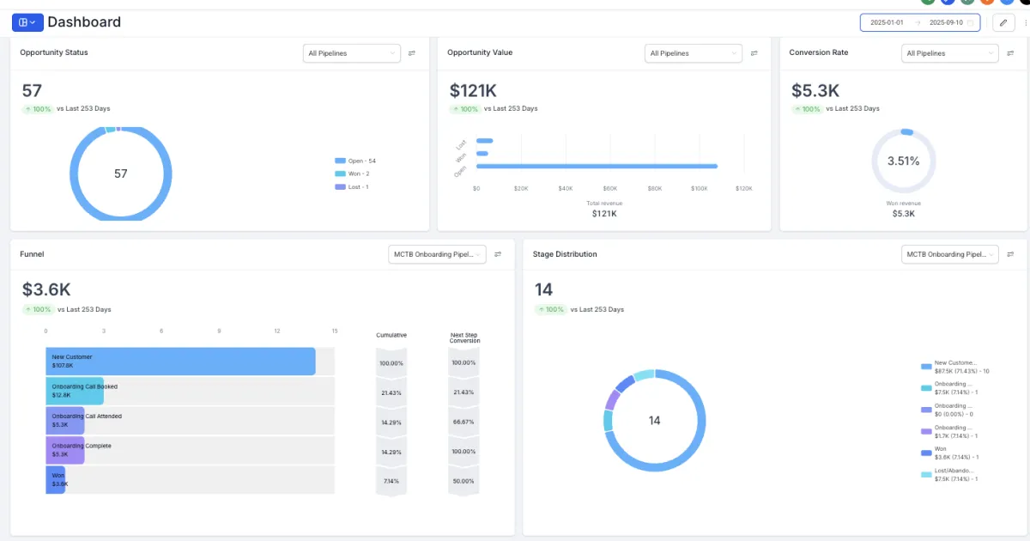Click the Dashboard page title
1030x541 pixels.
pos(84,22)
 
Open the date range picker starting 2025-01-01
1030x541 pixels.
pos(919,22)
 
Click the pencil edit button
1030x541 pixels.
pos(1003,22)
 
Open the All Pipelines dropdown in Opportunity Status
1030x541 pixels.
pos(352,53)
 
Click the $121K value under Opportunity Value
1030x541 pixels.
pos(473,90)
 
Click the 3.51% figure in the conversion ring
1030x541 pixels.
pos(903,161)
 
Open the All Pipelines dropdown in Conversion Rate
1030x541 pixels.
pos(951,53)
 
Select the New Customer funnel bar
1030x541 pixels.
pos(180,362)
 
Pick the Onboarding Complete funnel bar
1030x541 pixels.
pos(65,450)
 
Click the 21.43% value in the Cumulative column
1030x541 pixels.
pos(391,392)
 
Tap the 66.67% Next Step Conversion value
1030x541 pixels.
pos(463,422)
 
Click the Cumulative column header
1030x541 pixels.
pos(391,335)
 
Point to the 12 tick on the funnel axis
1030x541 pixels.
pos(277,331)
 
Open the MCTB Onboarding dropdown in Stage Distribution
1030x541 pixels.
pos(950,254)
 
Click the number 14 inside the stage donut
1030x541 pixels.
pos(654,421)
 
